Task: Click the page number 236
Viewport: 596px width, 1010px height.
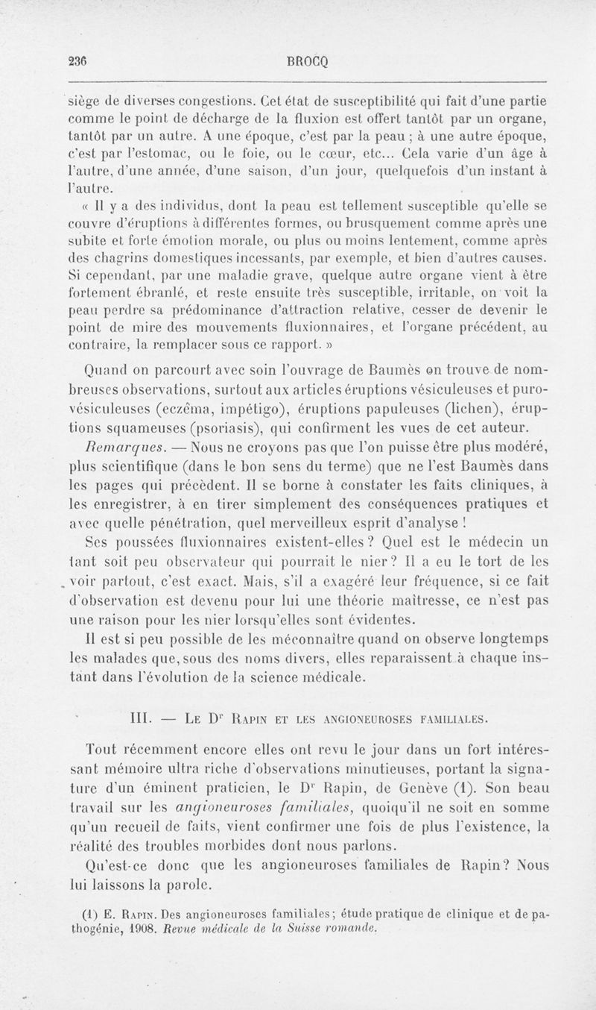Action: pos(75,64)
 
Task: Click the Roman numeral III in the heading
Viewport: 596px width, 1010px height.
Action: pos(140,719)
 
